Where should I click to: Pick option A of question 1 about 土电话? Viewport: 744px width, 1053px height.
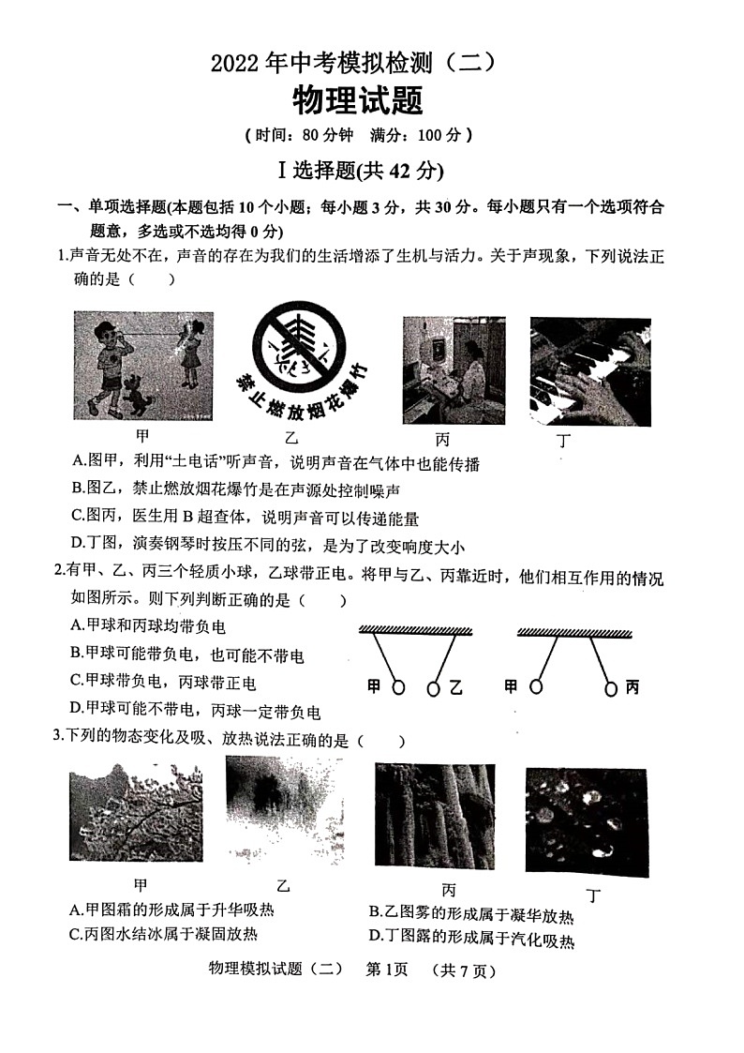[x=275, y=462]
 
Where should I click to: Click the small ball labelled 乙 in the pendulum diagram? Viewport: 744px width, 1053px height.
[x=433, y=688]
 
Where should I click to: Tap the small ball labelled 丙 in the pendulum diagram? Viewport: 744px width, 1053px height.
[x=611, y=689]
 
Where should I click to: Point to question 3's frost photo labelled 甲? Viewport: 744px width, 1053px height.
[x=136, y=811]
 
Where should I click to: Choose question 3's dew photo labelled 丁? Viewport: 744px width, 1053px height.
[x=586, y=822]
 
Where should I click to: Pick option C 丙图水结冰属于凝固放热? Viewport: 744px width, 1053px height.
[x=164, y=934]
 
